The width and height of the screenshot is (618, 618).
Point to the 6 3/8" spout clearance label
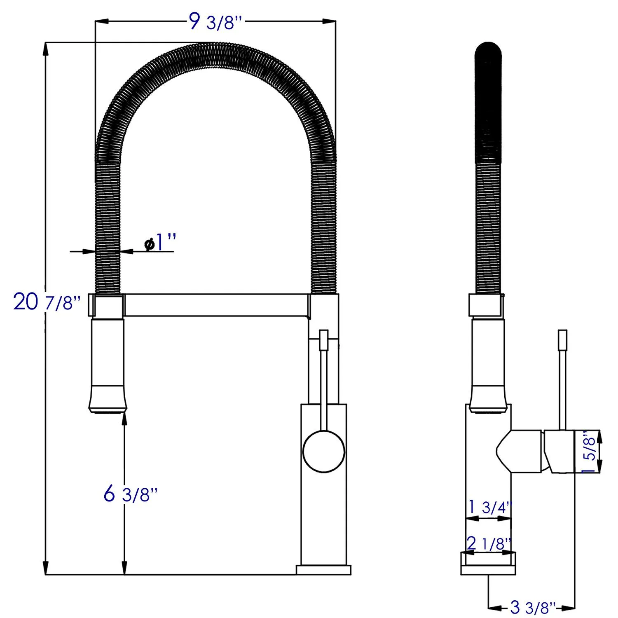[131, 494]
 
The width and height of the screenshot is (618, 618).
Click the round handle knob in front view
[323, 452]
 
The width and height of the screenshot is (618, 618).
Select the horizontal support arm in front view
[216, 305]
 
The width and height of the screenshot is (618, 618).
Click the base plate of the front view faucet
[323, 570]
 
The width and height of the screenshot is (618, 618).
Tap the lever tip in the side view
[562, 340]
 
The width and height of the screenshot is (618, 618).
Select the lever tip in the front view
[323, 340]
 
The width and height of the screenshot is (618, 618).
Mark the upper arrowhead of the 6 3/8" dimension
[124, 419]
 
